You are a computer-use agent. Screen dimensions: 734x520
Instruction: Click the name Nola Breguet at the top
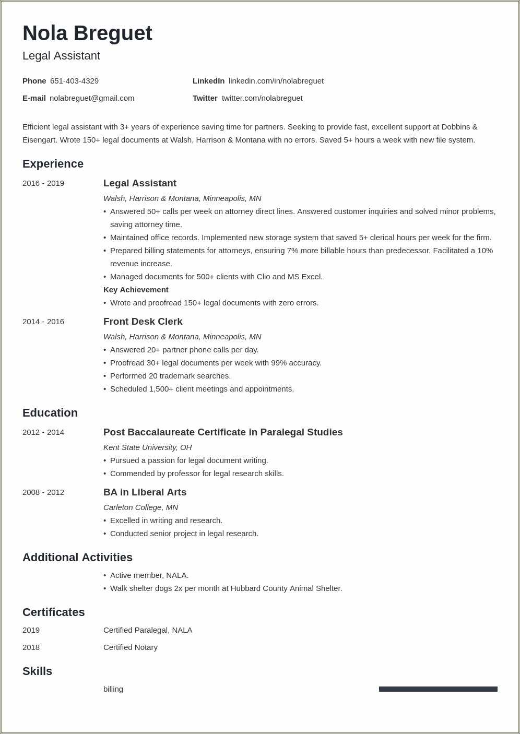[87, 33]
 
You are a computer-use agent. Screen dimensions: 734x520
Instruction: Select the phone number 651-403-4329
[74, 81]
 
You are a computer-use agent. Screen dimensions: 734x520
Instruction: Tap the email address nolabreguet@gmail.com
[92, 98]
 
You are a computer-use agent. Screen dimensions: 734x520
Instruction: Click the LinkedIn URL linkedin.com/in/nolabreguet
[276, 81]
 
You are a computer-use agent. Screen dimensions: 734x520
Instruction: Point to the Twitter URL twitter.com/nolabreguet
[262, 98]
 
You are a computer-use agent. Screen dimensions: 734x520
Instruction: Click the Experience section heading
[53, 164]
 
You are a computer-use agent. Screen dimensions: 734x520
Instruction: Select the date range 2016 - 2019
[43, 183]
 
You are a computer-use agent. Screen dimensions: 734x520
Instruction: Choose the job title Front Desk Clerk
[143, 322]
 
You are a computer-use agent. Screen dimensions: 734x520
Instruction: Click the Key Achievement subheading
[136, 290]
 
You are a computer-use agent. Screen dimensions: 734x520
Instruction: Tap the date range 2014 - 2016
[43, 322]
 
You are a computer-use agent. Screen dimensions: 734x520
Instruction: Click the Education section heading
[50, 413]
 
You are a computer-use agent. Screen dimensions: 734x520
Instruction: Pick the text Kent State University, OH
[147, 447]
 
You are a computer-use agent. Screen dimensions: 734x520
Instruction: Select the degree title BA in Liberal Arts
[145, 492]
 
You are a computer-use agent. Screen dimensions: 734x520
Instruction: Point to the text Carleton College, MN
[140, 507]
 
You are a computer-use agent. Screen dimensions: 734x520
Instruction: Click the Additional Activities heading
[77, 558]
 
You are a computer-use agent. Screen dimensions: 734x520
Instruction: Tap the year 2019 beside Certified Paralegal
[31, 630]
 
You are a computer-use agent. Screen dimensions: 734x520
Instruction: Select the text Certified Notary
[130, 647]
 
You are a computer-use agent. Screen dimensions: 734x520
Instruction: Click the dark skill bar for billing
[438, 689]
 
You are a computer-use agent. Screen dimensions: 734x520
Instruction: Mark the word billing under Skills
[113, 689]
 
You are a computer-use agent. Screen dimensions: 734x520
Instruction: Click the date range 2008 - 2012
[43, 492]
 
